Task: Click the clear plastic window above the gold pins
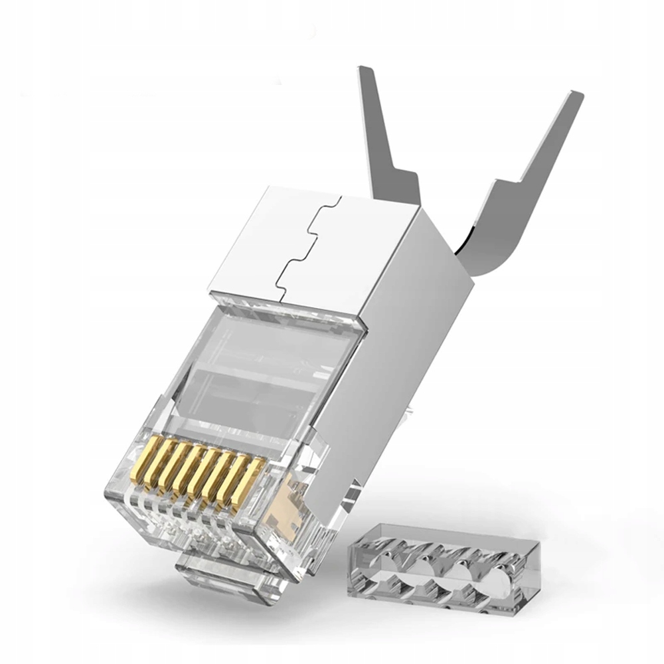pyautogui.click(x=259, y=372)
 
